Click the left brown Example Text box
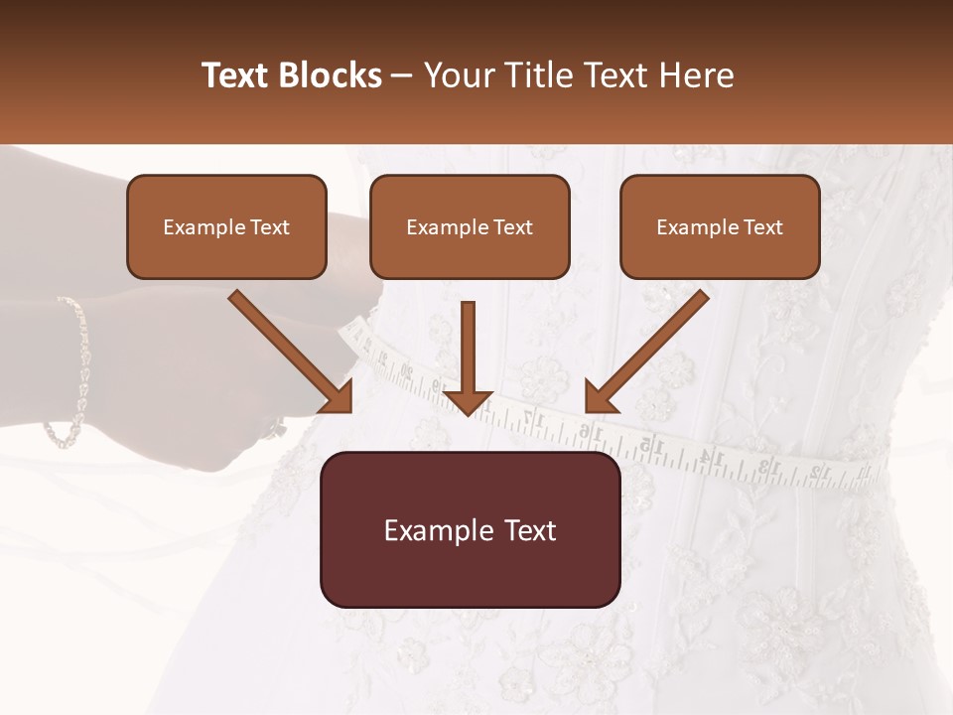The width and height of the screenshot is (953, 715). (226, 226)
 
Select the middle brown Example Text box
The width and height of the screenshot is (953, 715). (470, 226)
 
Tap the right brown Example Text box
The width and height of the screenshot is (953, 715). (720, 226)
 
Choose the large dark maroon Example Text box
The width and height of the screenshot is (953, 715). (470, 530)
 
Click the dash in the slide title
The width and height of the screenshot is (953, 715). (402, 75)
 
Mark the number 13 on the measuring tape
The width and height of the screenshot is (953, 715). (765, 465)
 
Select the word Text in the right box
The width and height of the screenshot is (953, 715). (762, 226)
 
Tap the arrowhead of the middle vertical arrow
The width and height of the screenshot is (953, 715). (468, 401)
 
